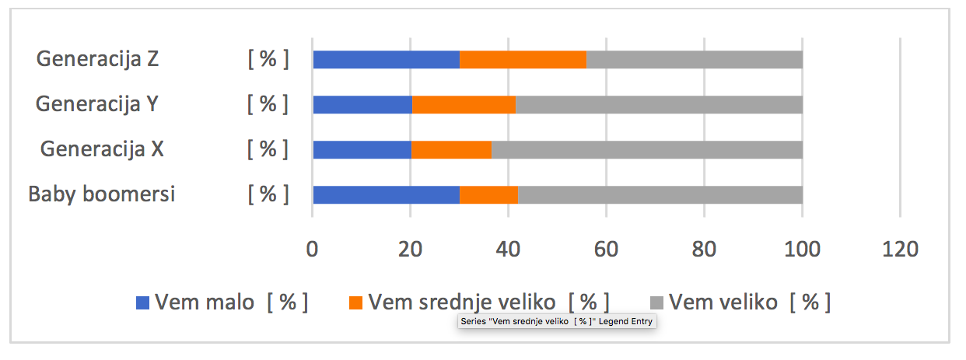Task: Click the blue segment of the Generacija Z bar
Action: [386, 59]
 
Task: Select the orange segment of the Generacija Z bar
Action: [523, 59]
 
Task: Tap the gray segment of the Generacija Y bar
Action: [659, 104]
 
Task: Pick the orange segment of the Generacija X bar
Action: [451, 149]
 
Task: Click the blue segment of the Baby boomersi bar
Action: [386, 194]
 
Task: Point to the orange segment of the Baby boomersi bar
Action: [488, 194]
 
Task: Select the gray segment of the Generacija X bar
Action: [646, 149]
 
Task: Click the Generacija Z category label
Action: [97, 59]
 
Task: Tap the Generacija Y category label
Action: [97, 103]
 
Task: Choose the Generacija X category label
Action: [102, 149]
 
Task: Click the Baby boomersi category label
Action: [102, 194]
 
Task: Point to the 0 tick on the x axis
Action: [313, 250]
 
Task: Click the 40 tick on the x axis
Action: [508, 250]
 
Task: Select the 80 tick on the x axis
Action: [704, 250]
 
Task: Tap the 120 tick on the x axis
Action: [899, 250]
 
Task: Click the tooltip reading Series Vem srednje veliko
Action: [557, 322]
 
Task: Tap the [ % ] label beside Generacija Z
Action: [268, 59]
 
